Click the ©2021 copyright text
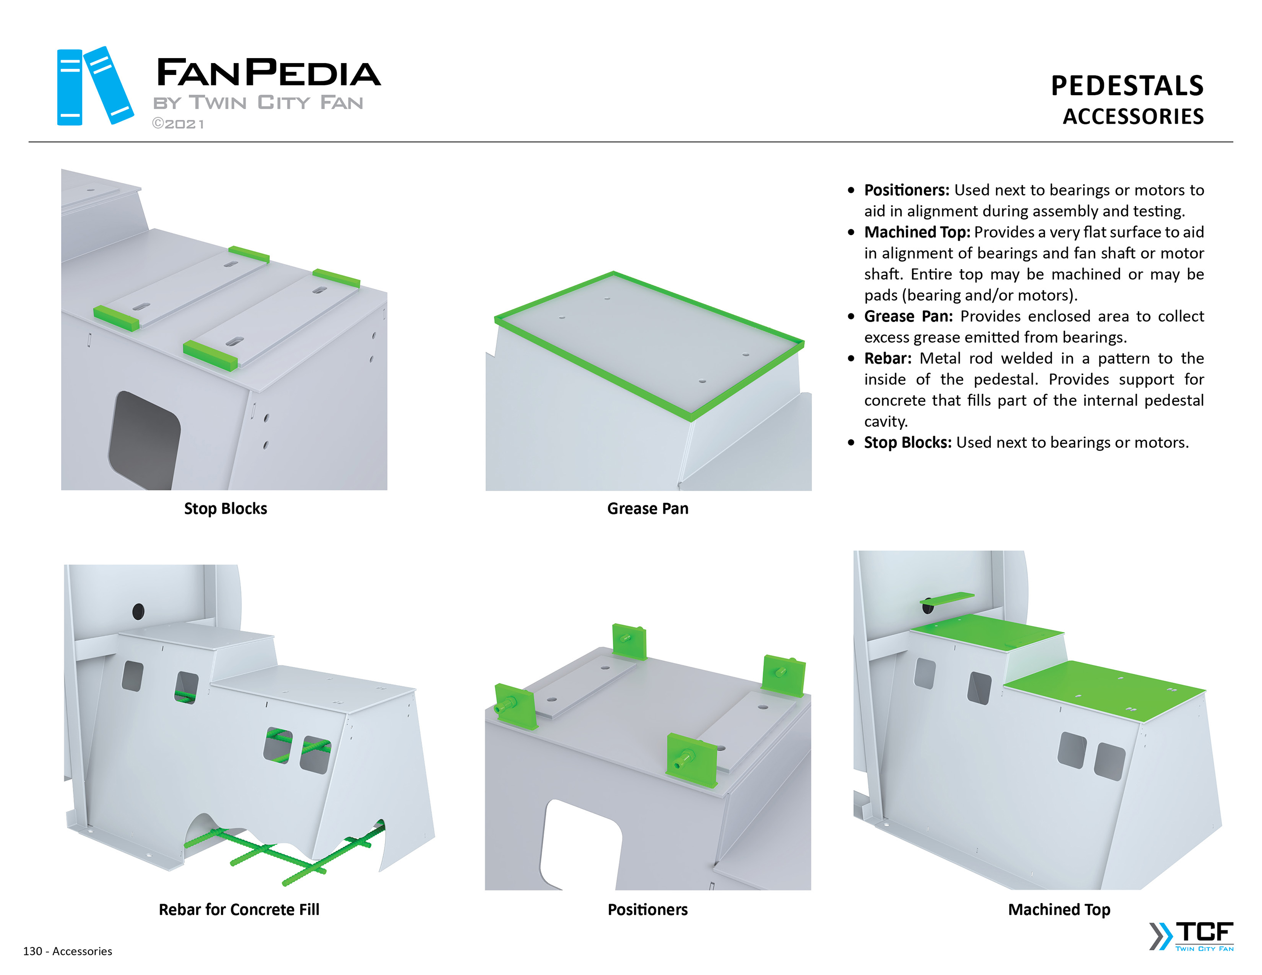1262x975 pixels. point(178,124)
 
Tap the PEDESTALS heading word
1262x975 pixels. point(1127,86)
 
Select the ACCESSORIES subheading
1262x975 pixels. point(1133,117)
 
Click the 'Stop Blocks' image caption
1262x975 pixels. point(225,509)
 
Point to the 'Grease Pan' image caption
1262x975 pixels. point(648,509)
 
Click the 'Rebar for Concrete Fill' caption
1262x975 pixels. point(239,910)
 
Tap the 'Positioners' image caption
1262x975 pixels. point(647,910)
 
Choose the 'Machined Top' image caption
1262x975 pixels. point(1058,910)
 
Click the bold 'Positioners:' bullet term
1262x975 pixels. point(907,190)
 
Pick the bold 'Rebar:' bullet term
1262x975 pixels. point(887,358)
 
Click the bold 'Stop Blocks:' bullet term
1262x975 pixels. point(907,442)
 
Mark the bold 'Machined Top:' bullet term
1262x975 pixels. point(917,232)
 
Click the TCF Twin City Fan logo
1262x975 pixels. point(1192,936)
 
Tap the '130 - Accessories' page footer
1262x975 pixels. point(68,951)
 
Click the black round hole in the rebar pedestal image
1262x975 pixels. point(138,611)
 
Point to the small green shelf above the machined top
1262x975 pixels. point(947,597)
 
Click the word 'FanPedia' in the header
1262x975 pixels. point(269,72)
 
